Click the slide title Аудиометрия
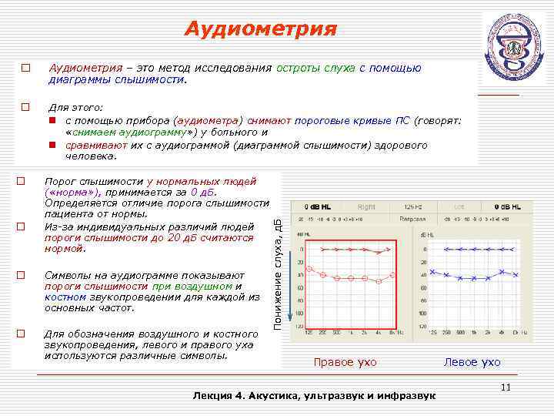pos(261,29)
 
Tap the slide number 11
pos(506,387)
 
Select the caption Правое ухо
pos(344,362)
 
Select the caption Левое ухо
pos(472,362)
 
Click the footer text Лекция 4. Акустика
pos(313,395)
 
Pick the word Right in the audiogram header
pos(366,207)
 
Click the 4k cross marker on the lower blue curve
pos(501,272)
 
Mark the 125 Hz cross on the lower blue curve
pos(433,272)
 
